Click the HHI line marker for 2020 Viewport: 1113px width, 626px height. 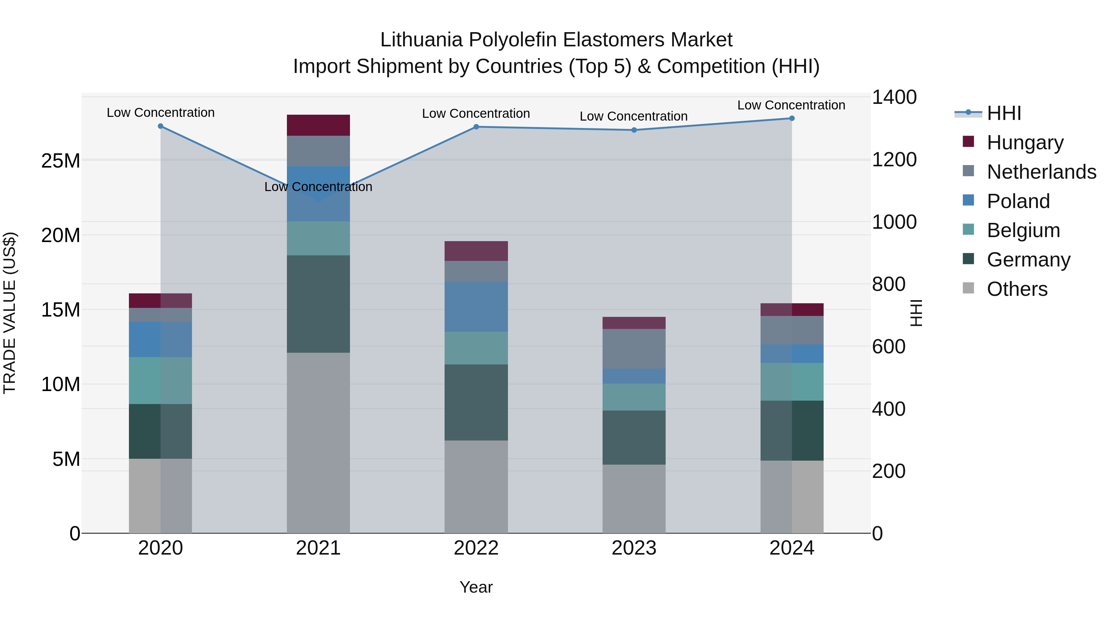[160, 126]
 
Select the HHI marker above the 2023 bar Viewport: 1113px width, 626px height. [634, 130]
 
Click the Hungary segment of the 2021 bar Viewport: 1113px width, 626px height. [318, 125]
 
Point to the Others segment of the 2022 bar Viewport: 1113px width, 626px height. [476, 487]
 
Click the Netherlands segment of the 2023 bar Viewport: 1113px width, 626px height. [634, 349]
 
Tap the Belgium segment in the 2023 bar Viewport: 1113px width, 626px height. [634, 397]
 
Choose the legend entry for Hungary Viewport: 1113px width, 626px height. [1025, 143]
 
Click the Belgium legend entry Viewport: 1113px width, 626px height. [1023, 230]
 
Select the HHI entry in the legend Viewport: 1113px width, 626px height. [1003, 113]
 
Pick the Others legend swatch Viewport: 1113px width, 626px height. [968, 288]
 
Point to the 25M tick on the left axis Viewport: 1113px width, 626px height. [61, 161]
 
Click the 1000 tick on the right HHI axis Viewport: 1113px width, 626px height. [894, 222]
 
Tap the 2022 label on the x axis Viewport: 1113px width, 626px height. [476, 548]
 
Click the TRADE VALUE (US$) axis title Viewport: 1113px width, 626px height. [10, 313]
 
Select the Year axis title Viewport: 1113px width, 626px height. [476, 587]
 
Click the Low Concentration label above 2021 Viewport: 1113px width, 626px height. [318, 187]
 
